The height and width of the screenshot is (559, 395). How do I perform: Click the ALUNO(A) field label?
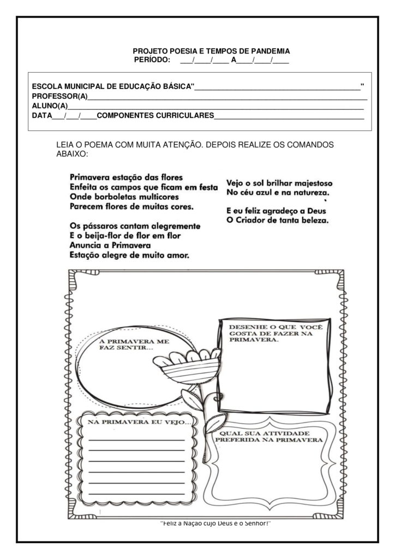(50, 106)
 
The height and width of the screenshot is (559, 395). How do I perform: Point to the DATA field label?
(41, 116)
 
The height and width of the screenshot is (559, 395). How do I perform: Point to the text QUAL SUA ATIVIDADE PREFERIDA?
(268, 435)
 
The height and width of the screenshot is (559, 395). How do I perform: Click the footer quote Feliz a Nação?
(216, 523)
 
